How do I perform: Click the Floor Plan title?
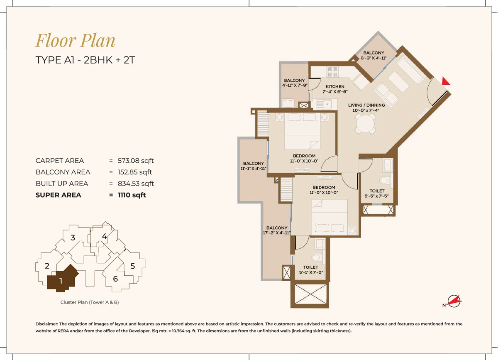[76, 41]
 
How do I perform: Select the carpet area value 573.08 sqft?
[136, 161]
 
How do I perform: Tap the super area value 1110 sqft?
[132, 195]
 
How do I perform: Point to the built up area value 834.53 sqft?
[136, 184]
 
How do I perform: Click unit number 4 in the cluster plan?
[104, 236]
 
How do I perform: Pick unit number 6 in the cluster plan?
[115, 279]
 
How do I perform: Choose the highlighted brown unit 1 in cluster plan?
[63, 278]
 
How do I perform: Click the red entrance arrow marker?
[445, 81]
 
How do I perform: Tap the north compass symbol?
[453, 302]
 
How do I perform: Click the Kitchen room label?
[335, 86]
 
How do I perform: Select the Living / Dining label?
[366, 105]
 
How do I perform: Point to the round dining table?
[366, 124]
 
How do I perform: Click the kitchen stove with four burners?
[332, 72]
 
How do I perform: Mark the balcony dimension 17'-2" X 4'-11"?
[277, 233]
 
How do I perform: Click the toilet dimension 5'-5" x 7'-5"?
[377, 196]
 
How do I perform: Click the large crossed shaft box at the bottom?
[310, 294]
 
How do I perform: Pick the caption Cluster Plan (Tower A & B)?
[90, 302]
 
